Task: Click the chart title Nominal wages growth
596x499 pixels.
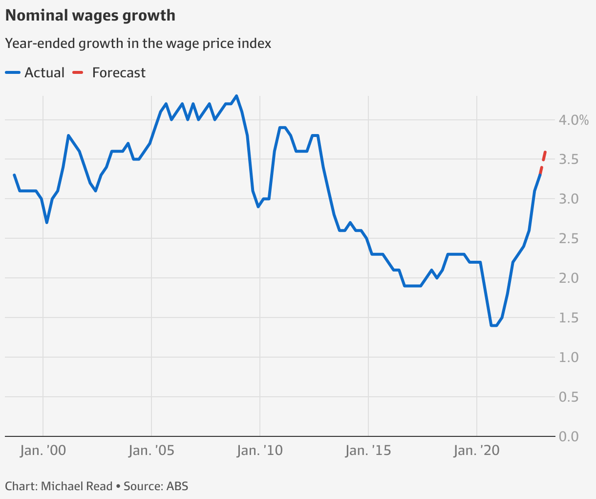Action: (x=90, y=16)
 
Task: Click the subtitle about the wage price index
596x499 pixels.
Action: (x=138, y=44)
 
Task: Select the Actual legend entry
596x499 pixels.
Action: (x=35, y=73)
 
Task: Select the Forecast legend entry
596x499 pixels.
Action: (x=109, y=73)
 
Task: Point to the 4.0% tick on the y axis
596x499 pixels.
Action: (x=574, y=120)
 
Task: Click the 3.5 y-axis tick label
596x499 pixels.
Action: (x=569, y=159)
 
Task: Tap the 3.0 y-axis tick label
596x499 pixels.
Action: (x=569, y=199)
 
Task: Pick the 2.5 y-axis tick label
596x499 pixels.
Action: (x=569, y=239)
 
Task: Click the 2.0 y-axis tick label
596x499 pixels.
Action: (x=569, y=278)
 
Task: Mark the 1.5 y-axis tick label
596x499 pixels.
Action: (x=569, y=318)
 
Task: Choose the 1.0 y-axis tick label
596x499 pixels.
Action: (x=569, y=358)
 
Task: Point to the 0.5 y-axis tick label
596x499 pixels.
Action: (x=569, y=397)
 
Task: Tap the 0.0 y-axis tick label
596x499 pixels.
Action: (x=569, y=436)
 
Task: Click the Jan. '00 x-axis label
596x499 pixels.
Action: (x=43, y=451)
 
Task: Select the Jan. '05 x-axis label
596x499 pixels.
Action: (x=151, y=451)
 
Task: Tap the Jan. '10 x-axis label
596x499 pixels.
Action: (x=260, y=451)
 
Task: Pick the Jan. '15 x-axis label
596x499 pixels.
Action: (x=368, y=451)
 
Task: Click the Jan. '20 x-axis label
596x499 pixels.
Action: (x=477, y=451)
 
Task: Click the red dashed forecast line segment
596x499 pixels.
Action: (x=543, y=162)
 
